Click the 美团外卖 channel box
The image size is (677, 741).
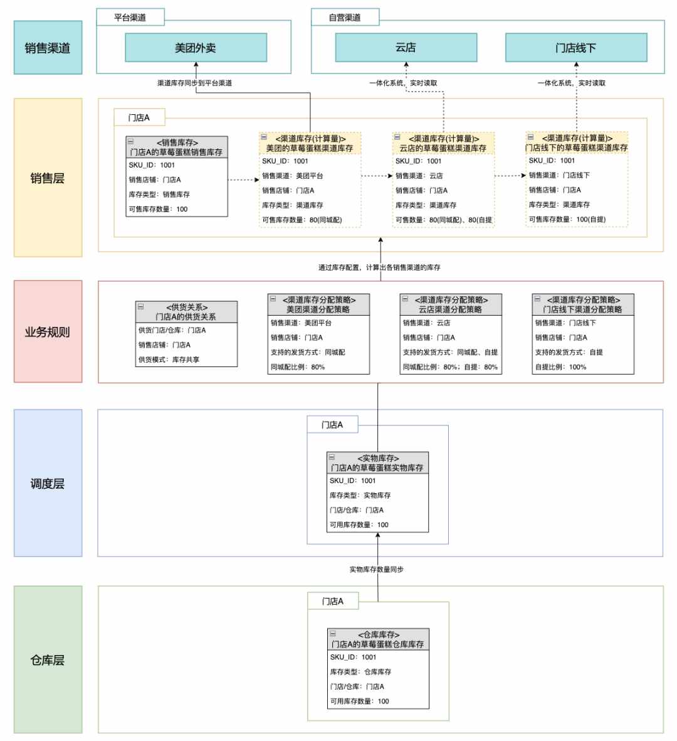196,47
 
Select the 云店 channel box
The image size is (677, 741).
406,47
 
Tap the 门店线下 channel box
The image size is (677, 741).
576,47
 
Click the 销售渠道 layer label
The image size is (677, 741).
48,47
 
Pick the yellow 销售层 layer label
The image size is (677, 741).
48,178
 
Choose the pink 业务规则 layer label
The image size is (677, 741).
48,332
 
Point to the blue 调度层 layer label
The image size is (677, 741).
48,483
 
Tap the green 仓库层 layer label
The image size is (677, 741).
48,659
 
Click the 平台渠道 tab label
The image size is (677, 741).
130,18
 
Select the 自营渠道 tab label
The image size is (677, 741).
345,18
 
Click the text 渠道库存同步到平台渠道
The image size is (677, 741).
194,83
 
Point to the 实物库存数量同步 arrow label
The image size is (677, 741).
376,570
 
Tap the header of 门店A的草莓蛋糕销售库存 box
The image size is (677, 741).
177,147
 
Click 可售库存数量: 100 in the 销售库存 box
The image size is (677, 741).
158,209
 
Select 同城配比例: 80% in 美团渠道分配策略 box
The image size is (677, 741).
297,366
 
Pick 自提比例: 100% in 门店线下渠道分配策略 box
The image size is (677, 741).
560,366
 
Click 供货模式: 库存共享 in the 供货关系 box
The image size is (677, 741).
169,360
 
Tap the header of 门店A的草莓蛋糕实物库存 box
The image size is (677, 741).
378,463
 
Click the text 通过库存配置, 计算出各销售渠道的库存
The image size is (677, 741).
379,267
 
